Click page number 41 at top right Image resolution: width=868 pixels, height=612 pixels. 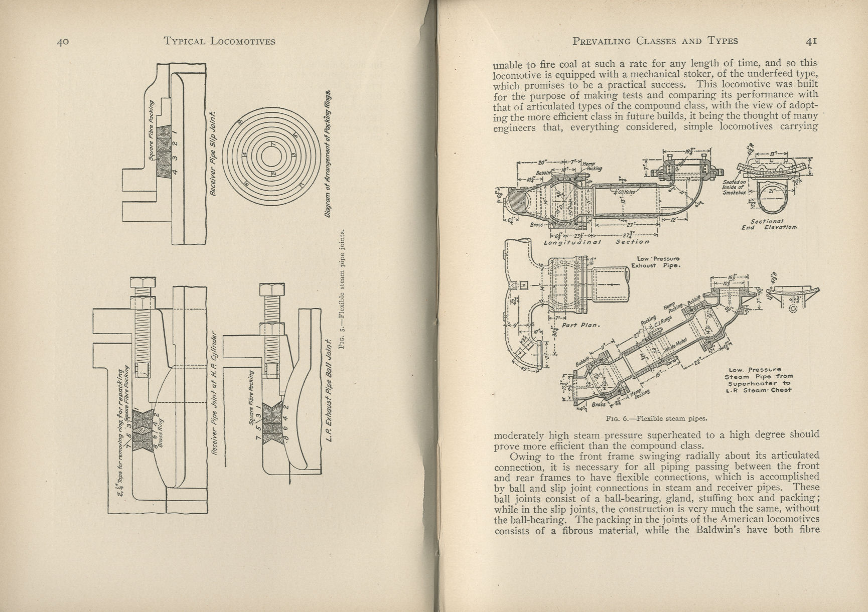(811, 42)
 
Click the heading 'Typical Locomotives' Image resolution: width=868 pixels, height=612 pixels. (220, 42)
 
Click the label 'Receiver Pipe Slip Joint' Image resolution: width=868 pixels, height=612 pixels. (213, 154)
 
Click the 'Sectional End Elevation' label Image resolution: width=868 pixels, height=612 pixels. (769, 224)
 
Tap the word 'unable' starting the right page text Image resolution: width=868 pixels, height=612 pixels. (508, 64)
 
